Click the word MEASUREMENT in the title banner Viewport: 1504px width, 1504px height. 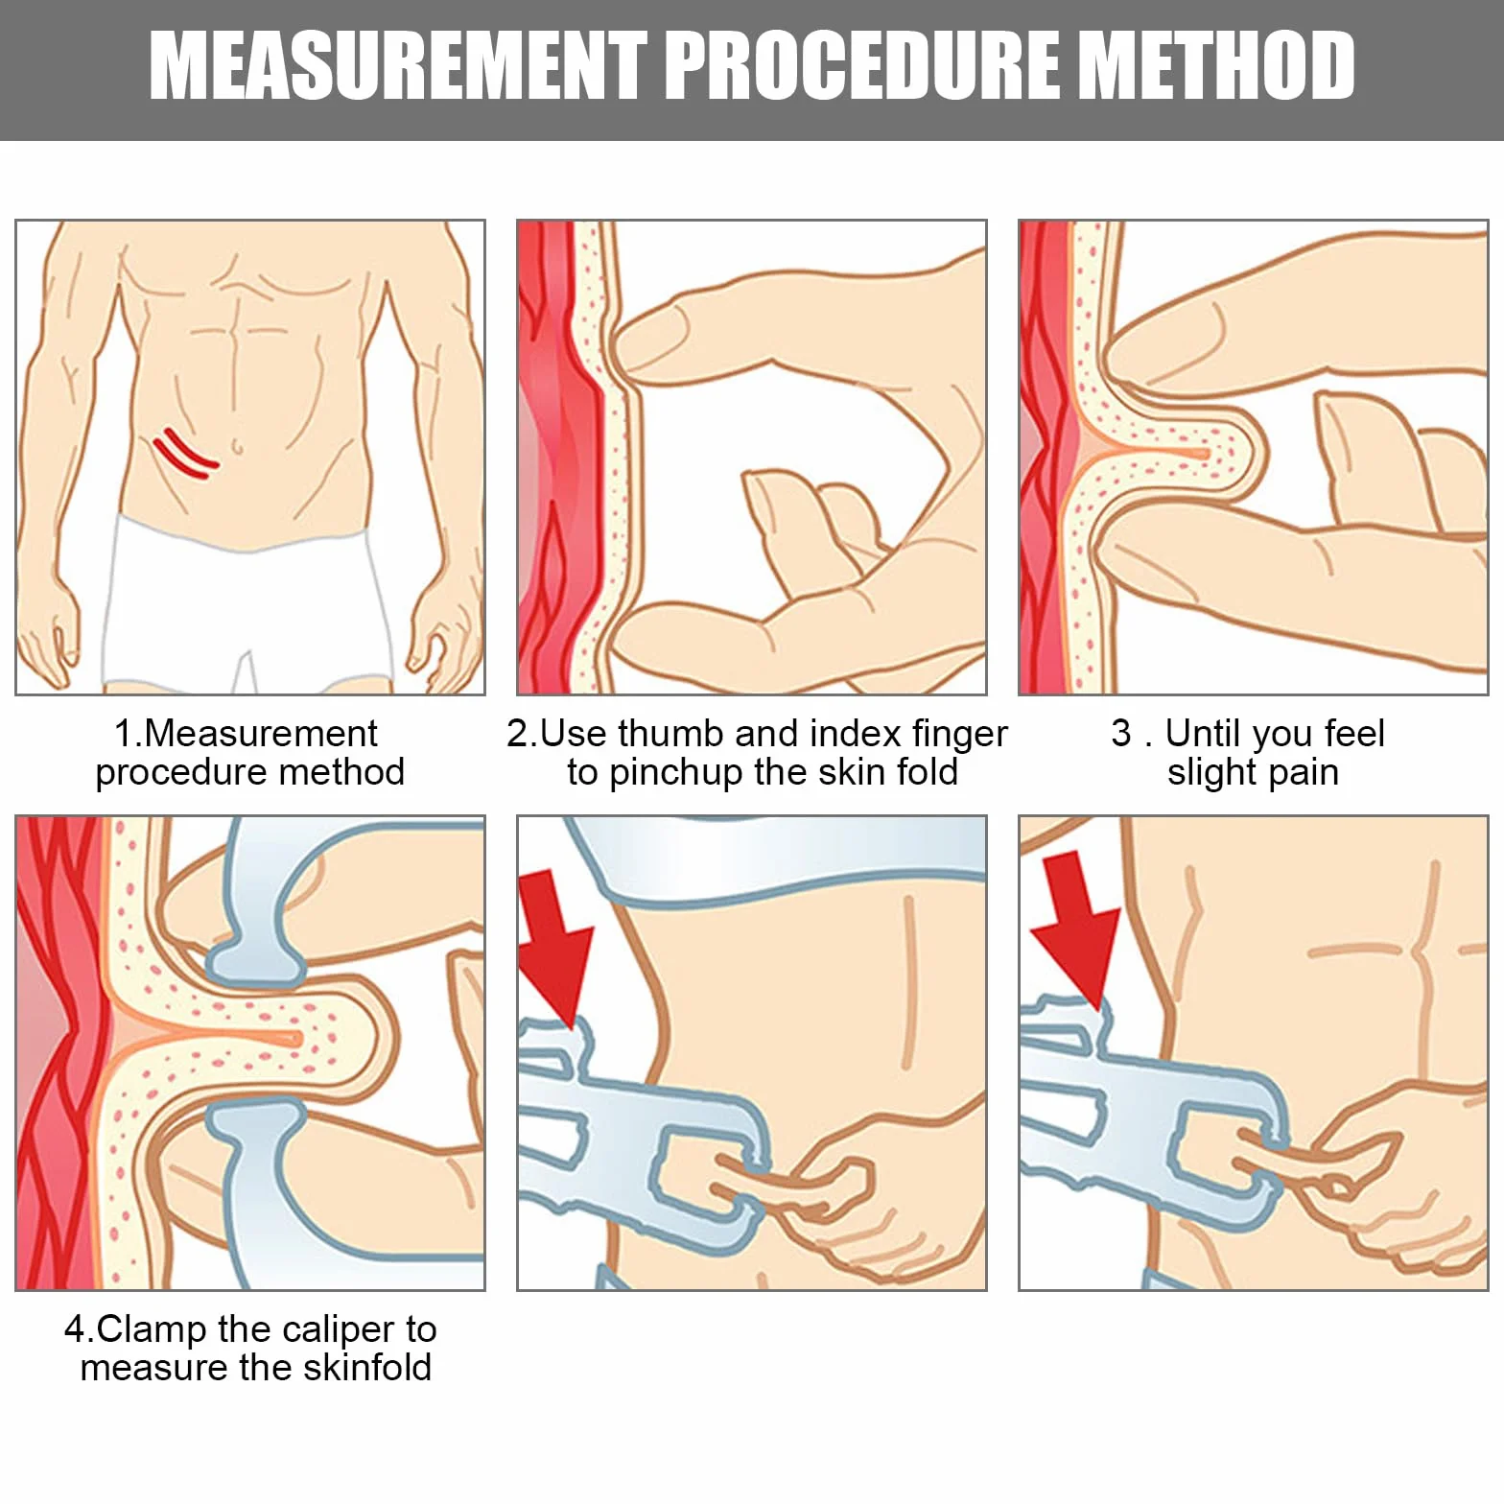398,65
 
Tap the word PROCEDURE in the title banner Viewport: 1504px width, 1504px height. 860,65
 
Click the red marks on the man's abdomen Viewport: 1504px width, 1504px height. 186,454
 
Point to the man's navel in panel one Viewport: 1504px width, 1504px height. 237,447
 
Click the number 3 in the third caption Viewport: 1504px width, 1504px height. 1121,734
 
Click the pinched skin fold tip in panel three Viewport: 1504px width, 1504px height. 1247,454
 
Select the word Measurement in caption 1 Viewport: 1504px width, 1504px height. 260,734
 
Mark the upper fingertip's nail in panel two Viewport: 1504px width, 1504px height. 652,331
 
